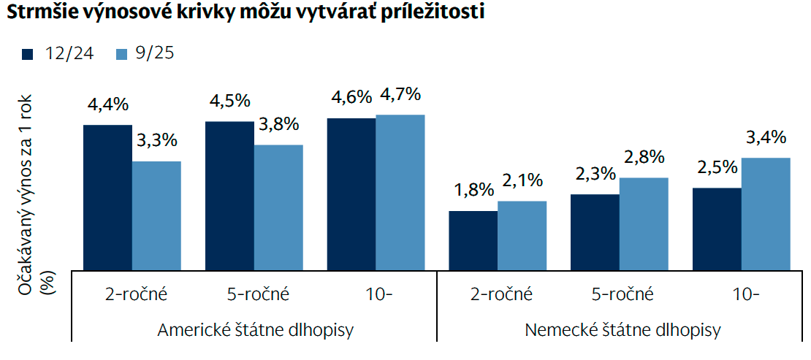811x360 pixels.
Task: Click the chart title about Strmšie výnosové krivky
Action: tap(245, 14)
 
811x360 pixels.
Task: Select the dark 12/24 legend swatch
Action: tap(29, 53)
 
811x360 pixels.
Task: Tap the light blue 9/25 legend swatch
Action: tap(121, 53)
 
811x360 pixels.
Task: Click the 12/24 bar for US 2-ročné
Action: tap(107, 197)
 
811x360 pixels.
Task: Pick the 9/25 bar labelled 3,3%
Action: tap(156, 215)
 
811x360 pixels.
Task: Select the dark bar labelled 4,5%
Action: tap(229, 196)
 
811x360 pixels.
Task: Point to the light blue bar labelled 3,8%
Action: tap(278, 207)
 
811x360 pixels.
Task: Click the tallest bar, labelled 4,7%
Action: tap(400, 192)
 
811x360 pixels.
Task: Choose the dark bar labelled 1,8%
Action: tap(473, 240)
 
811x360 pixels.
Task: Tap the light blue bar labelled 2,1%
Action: tap(522, 235)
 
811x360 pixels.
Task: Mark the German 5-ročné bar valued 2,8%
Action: tap(644, 223)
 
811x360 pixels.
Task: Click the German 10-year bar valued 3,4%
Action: tap(766, 213)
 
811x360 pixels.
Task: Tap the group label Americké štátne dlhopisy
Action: tap(256, 329)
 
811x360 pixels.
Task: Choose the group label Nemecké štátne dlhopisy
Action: tap(622, 329)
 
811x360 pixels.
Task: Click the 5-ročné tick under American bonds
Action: tap(259, 295)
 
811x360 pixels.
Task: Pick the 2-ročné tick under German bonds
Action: tap(502, 295)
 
